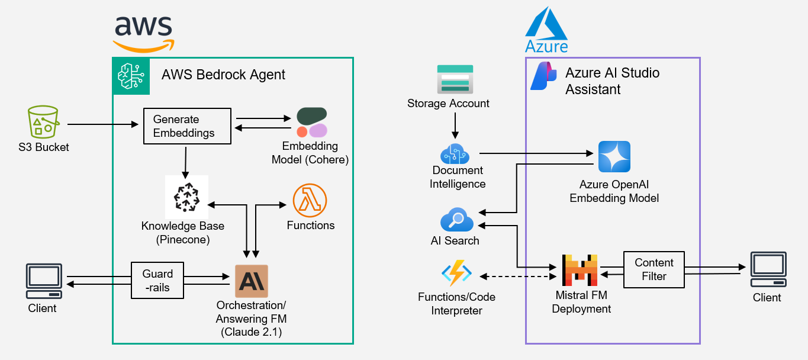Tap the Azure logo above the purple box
[x=546, y=30]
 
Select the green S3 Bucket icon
[x=43, y=123]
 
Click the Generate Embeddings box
[x=187, y=126]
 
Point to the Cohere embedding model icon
[x=311, y=123]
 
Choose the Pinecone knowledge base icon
[x=186, y=197]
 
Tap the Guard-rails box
[x=157, y=281]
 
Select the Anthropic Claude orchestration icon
[x=252, y=281]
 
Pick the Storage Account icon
[x=455, y=79]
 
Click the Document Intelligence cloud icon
[x=455, y=153]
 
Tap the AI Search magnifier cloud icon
[x=457, y=221]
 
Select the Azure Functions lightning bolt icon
[x=456, y=275]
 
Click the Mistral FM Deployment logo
[x=580, y=271]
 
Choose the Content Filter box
[x=654, y=269]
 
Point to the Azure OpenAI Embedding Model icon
[x=614, y=156]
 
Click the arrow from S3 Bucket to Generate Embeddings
[x=101, y=124]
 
